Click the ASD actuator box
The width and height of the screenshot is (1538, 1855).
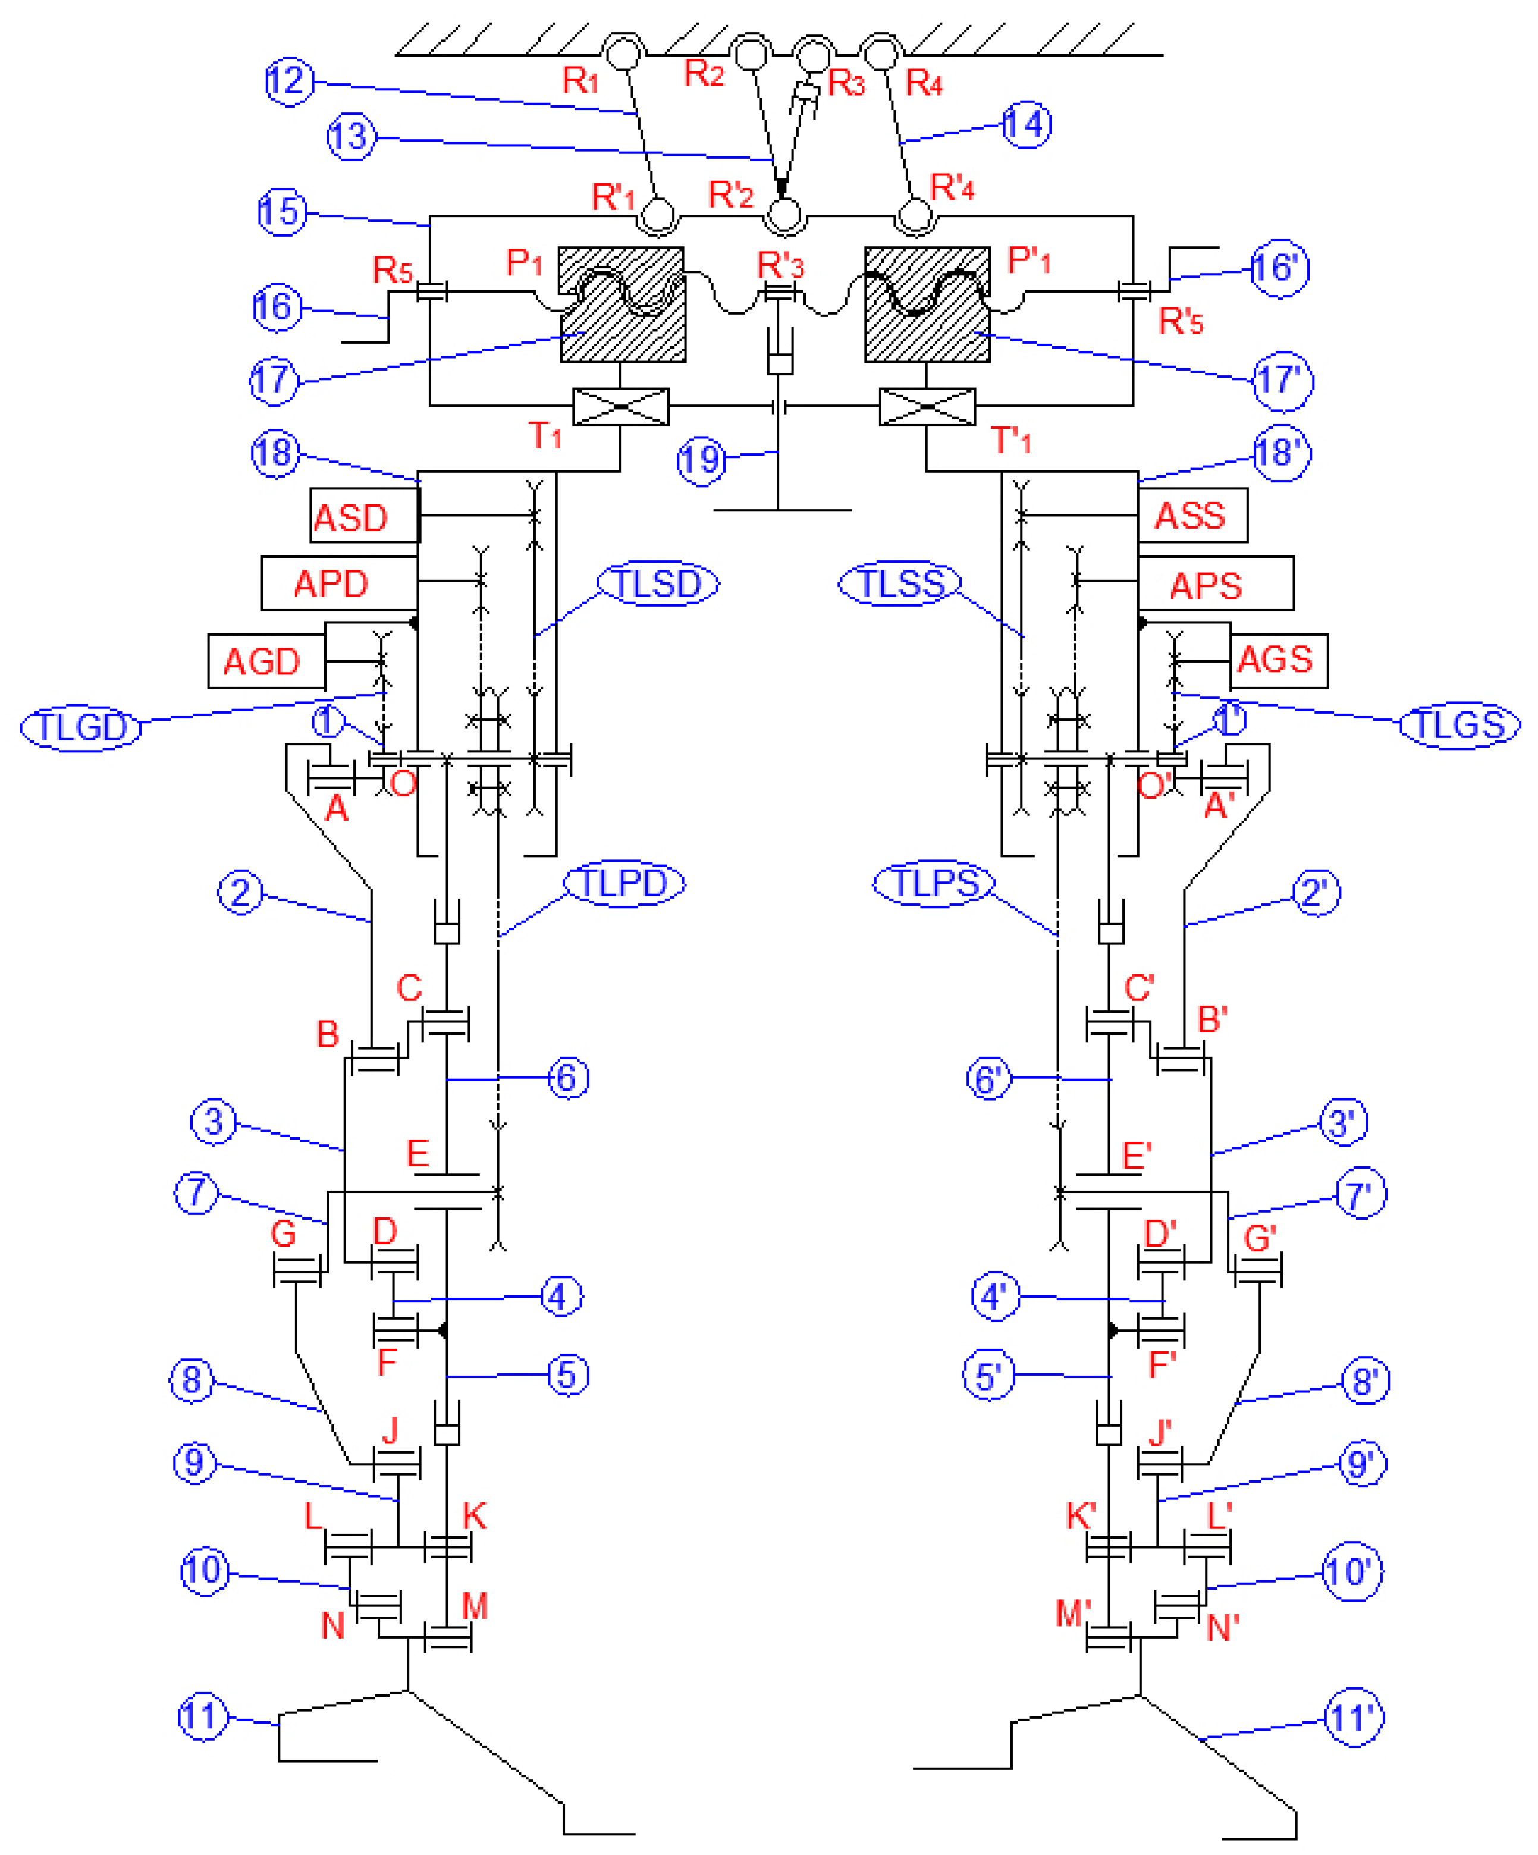tap(364, 515)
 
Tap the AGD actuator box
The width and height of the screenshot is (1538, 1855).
tap(266, 661)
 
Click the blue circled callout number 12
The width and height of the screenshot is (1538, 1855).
tap(289, 81)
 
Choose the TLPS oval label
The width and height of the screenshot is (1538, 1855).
tap(934, 883)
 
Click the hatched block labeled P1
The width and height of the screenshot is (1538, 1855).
tap(622, 305)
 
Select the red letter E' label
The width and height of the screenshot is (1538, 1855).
tap(1136, 1156)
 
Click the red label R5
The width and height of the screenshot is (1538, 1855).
tap(392, 269)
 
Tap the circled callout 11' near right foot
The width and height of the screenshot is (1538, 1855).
tap(1352, 1718)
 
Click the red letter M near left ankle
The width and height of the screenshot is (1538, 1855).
tap(475, 1605)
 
